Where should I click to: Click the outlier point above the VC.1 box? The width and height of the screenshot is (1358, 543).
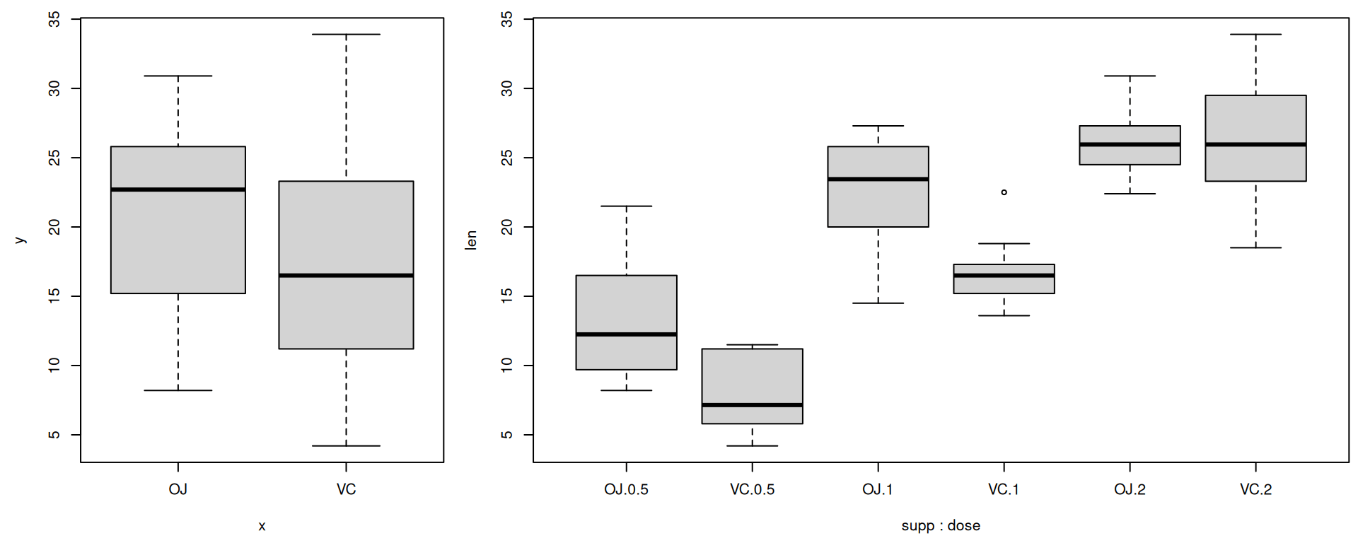(x=1004, y=192)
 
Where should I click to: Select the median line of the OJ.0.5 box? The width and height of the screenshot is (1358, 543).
(x=626, y=334)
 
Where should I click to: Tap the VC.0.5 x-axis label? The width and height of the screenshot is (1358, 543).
(x=752, y=489)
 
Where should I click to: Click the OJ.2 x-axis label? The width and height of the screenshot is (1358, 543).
(x=1130, y=489)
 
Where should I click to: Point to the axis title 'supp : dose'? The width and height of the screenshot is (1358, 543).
(x=941, y=525)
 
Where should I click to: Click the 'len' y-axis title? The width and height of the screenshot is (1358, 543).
(x=471, y=240)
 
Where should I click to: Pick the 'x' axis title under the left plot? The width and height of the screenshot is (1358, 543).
(x=262, y=526)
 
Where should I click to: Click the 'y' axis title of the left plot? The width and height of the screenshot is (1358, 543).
(x=20, y=240)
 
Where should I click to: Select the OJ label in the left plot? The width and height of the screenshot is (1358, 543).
(x=178, y=489)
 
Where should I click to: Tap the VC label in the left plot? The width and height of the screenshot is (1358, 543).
(x=346, y=489)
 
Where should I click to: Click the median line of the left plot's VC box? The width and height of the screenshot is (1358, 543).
(x=346, y=275)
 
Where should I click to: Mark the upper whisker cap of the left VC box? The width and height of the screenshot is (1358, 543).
(x=346, y=34)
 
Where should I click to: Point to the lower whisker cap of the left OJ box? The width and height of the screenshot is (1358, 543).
(x=178, y=390)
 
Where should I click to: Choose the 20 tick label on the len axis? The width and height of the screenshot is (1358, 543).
(x=506, y=227)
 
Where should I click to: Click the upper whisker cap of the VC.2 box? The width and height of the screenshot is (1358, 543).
(x=1255, y=34)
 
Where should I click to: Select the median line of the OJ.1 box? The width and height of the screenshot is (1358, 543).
(x=878, y=179)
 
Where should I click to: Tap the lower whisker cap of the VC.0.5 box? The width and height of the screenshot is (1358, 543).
(x=752, y=445)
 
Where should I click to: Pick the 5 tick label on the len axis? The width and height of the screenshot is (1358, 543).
(x=506, y=434)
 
